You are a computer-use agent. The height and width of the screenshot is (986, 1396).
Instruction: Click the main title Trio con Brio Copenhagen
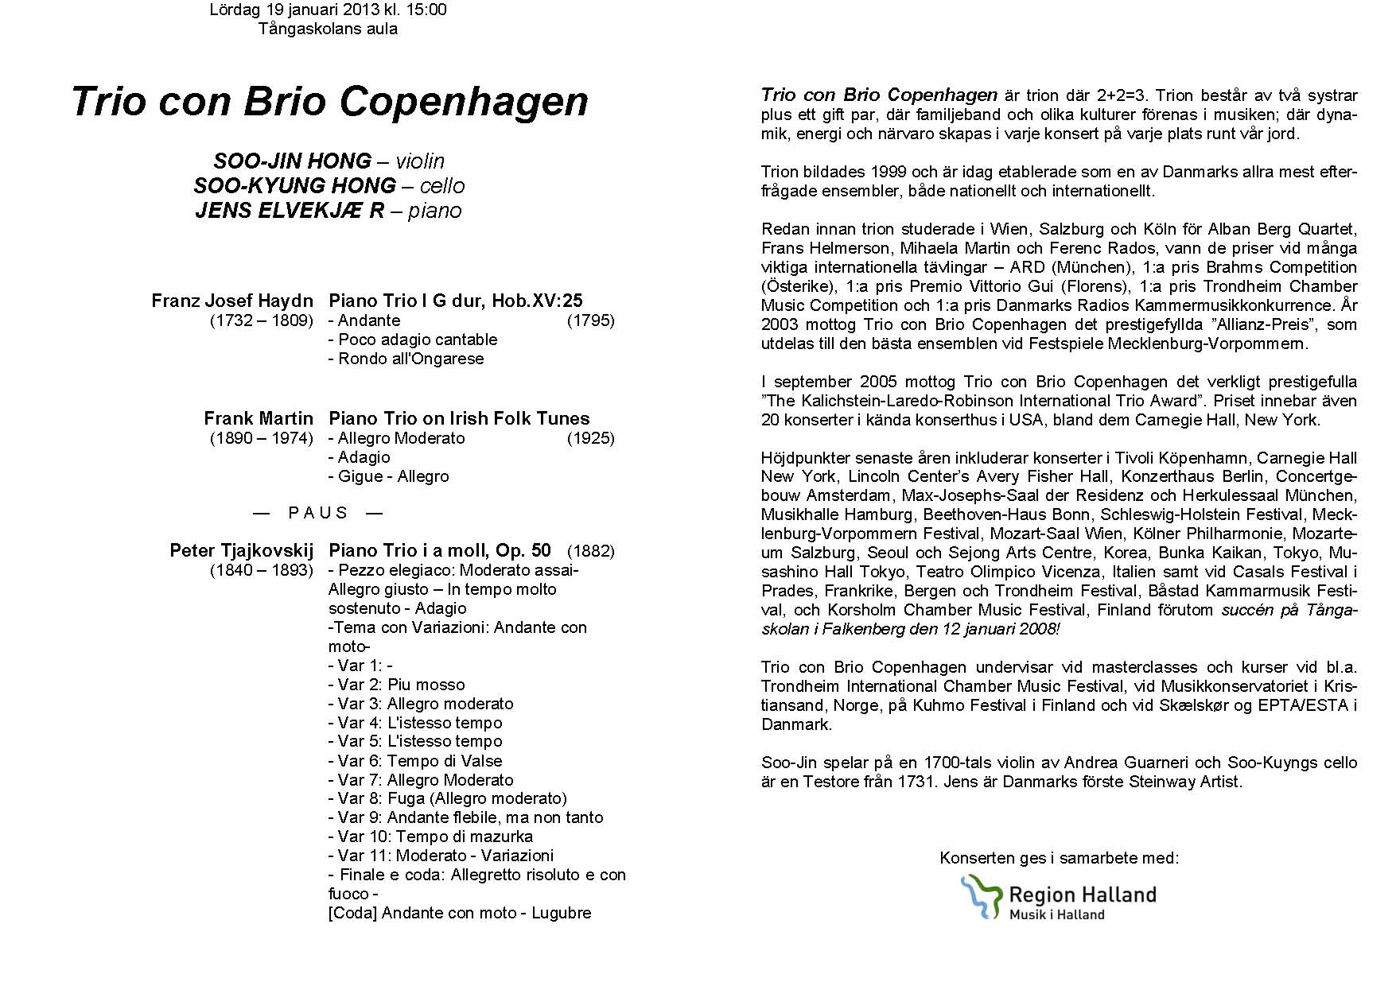click(x=329, y=102)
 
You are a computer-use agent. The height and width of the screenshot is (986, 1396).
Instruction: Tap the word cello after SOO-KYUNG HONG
click(x=442, y=186)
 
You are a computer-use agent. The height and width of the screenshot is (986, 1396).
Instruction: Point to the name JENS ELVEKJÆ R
click(x=290, y=211)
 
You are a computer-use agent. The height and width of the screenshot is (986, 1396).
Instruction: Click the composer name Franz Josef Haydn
click(x=232, y=301)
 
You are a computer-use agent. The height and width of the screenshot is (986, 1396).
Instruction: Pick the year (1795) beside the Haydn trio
click(x=590, y=320)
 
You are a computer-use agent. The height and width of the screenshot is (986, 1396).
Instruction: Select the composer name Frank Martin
click(x=259, y=418)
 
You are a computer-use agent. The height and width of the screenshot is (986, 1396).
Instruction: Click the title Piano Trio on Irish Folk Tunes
click(x=459, y=418)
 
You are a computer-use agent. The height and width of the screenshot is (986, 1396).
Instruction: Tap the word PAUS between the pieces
click(x=318, y=513)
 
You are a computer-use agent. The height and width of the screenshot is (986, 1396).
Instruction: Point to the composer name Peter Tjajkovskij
click(x=242, y=550)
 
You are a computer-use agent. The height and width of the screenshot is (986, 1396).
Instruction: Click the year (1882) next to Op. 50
click(x=590, y=550)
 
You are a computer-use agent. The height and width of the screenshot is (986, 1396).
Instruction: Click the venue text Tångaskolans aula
click(x=328, y=29)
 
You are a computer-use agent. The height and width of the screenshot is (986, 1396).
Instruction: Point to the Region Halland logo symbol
click(x=980, y=896)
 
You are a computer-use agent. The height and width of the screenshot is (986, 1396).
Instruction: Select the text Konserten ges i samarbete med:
click(x=1059, y=858)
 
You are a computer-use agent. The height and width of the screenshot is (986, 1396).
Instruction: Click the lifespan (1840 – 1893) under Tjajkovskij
click(x=262, y=570)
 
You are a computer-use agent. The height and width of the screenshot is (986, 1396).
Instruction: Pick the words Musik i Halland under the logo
click(x=1056, y=914)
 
